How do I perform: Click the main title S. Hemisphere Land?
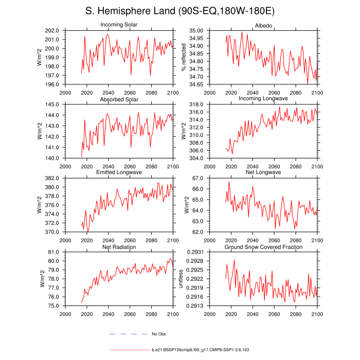click(180, 11)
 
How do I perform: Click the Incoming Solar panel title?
click(119, 25)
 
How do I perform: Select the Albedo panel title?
click(263, 26)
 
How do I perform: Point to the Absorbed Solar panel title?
click(119, 99)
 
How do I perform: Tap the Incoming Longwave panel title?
click(263, 99)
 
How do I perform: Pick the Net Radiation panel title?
click(119, 247)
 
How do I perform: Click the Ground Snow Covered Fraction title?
click(263, 247)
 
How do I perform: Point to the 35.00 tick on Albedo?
click(197, 31)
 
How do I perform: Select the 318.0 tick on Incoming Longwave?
click(197, 104)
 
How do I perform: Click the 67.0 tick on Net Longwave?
click(199, 178)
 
